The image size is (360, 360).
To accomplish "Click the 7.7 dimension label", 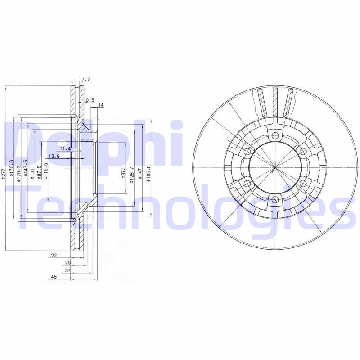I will point(86,80).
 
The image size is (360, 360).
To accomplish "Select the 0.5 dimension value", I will point(90,100).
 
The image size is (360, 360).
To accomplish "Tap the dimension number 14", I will point(101,105).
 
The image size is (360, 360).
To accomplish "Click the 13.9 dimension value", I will point(54,156).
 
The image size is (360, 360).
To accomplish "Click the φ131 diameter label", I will point(32,173).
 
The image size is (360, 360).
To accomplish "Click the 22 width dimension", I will point(54,255).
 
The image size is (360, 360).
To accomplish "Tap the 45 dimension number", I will point(54,278).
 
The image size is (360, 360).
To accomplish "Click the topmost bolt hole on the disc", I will point(275,135).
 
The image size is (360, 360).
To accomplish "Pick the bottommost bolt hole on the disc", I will point(275,200).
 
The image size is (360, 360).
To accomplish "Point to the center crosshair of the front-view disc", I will point(275,167).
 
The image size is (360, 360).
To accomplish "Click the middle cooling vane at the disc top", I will point(274,101).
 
